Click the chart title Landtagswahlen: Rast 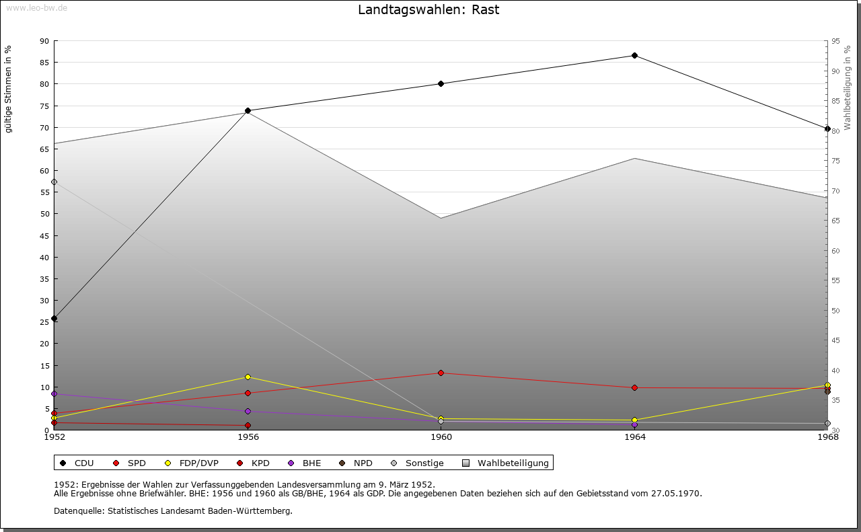click(428, 10)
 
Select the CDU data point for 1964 click(634, 55)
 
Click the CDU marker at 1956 click(248, 110)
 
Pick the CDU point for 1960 click(441, 83)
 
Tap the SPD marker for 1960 click(441, 373)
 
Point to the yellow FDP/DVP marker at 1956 click(248, 377)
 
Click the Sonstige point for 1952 click(54, 182)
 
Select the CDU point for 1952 click(54, 318)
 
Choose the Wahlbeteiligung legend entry click(513, 463)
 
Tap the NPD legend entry click(363, 463)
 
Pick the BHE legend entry click(311, 463)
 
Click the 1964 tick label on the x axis click(634, 437)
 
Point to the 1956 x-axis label click(248, 437)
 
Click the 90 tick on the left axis click(44, 41)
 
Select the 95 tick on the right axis click(835, 41)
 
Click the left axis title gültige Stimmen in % click(9, 89)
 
